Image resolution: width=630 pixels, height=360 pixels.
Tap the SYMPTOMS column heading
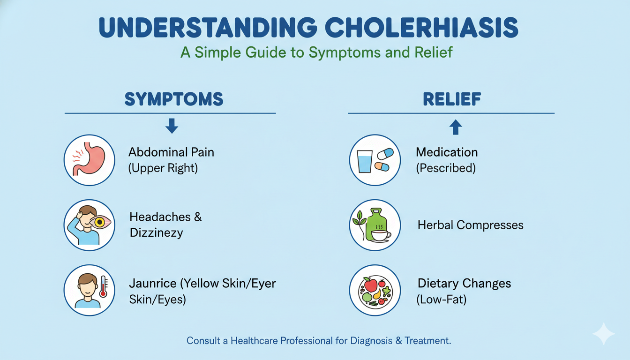[173, 99]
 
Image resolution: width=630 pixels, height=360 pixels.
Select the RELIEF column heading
[451, 99]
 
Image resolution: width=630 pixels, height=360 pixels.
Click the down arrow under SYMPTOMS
[172, 126]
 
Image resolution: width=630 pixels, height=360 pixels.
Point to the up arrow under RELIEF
[456, 127]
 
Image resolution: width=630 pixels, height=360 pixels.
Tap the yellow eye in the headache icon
[99, 222]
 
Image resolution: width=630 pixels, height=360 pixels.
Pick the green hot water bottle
[375, 220]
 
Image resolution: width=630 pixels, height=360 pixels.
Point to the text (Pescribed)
[446, 168]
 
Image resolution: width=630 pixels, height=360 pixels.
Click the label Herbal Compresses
[470, 225]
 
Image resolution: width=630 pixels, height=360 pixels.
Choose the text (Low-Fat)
[441, 299]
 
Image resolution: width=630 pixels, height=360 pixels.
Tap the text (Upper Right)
[163, 168]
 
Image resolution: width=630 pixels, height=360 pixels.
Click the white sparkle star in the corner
[603, 334]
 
